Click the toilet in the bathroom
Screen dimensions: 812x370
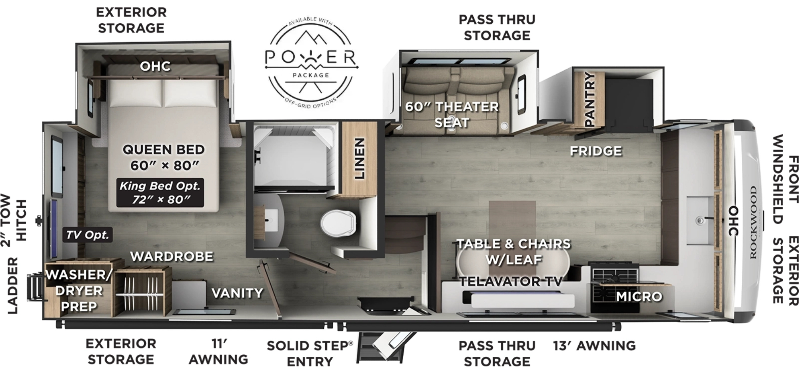pos(339,223)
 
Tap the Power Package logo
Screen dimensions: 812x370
pos(311,63)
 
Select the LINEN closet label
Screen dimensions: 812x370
pos(359,158)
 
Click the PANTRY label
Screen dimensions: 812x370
pos(589,99)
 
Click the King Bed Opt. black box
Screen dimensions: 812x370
pos(160,193)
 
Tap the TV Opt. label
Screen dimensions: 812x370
pos(88,235)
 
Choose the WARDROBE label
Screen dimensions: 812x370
pos(172,256)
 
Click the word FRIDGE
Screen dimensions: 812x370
pos(596,151)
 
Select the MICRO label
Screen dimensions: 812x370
pos(639,296)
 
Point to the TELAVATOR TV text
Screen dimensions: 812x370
pos(511,281)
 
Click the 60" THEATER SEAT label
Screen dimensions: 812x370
pos(452,114)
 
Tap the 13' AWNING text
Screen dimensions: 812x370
pos(594,345)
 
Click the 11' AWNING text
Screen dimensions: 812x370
pos(218,352)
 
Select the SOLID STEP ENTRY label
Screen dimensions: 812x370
pos(310,353)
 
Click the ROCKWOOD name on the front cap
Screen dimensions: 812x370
pos(753,222)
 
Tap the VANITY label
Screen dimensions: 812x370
pos(237,293)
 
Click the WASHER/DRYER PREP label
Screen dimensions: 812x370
pos(79,290)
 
